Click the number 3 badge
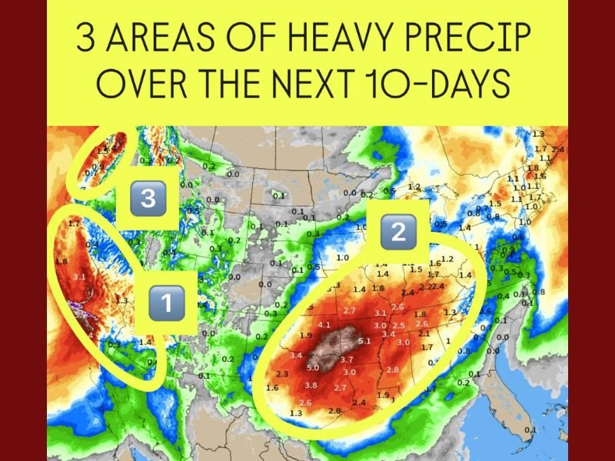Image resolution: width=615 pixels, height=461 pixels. [x=148, y=199]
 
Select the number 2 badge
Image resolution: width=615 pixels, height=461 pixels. [x=397, y=231]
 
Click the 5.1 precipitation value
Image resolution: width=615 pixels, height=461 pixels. [x=364, y=340]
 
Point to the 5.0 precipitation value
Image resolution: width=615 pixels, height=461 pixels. [x=314, y=369]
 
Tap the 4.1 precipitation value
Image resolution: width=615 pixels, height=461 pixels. [x=324, y=325]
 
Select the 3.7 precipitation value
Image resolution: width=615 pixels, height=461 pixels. [x=346, y=359]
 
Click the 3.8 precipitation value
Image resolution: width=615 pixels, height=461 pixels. [x=311, y=385]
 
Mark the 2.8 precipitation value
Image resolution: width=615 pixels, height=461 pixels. [x=392, y=370]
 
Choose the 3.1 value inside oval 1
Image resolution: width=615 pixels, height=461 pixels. [x=78, y=276]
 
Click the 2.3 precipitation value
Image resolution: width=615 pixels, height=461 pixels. [x=282, y=373]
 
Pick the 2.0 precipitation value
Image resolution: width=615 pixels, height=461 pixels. [x=334, y=410]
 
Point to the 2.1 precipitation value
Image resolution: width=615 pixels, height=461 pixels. [x=424, y=333]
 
